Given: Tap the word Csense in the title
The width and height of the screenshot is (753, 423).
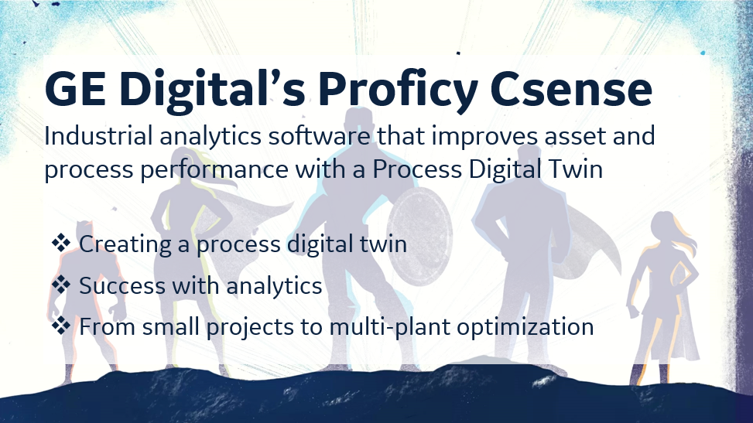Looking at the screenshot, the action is pos(571,89).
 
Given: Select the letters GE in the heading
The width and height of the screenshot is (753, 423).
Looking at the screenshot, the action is pos(75,89).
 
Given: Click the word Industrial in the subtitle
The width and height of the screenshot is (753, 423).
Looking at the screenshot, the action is pos(98,135).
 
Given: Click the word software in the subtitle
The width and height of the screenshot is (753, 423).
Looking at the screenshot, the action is pos(319,135).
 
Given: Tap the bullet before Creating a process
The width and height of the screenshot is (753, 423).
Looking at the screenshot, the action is pos(61,243).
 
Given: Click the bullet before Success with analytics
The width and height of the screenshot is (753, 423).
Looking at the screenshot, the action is pos(61,285).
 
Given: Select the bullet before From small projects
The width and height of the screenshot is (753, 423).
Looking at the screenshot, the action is pos(61,326).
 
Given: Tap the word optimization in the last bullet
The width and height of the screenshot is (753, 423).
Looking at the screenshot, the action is pos(525,328).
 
